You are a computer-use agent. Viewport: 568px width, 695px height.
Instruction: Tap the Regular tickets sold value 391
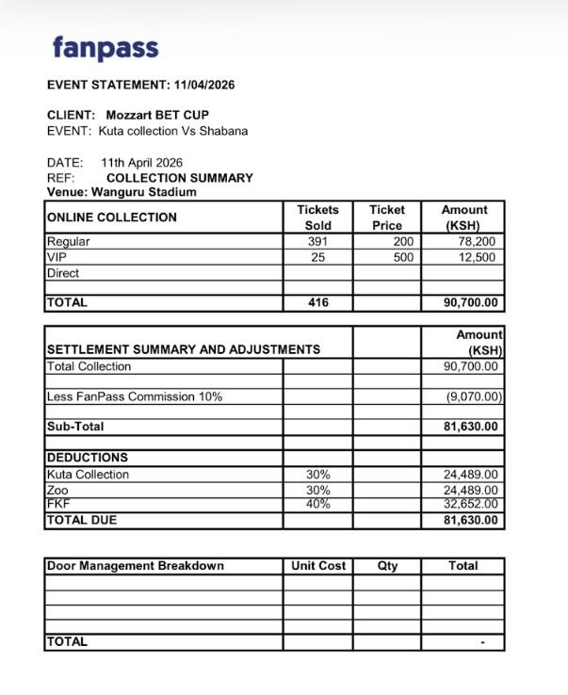tap(317, 241)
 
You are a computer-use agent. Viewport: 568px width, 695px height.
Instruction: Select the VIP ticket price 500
tap(403, 257)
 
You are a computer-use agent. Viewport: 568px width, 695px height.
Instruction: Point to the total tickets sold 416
tap(317, 303)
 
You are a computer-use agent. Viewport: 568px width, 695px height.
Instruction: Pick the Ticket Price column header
tap(386, 218)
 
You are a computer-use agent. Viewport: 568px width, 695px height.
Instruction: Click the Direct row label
tap(63, 273)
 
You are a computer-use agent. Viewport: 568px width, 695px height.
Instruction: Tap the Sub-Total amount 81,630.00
tap(470, 427)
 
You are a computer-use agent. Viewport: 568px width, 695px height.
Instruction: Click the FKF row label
tap(57, 505)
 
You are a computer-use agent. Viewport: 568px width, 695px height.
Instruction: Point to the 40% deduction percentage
tap(318, 505)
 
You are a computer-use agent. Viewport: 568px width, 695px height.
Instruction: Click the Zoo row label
tap(57, 491)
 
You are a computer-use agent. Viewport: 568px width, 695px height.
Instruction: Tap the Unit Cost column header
tap(318, 566)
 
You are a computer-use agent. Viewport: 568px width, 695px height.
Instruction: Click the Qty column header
tap(387, 566)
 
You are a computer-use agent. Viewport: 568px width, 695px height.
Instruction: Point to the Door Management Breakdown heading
tap(136, 566)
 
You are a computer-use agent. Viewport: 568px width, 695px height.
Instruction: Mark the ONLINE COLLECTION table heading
tap(111, 218)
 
